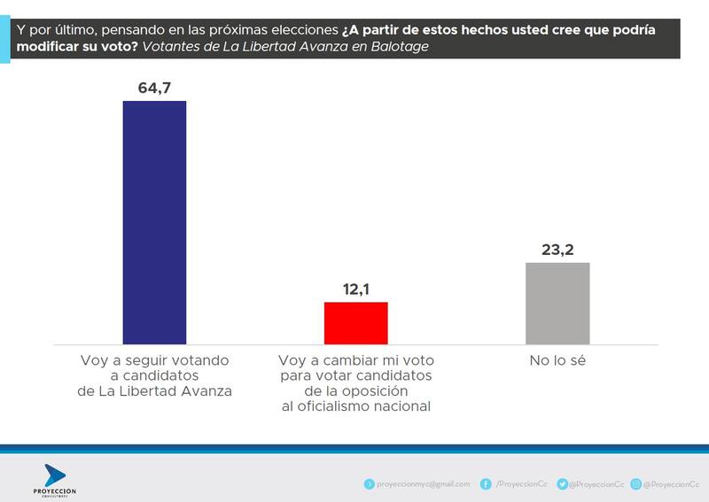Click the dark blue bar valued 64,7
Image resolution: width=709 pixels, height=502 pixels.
(154, 221)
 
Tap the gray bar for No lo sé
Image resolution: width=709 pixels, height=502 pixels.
(557, 302)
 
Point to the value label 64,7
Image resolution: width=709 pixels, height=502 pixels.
(154, 88)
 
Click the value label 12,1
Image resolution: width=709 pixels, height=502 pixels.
(355, 290)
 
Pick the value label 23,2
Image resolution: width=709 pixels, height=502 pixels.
(557, 250)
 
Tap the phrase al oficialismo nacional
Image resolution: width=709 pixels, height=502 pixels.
(354, 406)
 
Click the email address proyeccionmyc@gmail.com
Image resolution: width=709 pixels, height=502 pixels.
(423, 484)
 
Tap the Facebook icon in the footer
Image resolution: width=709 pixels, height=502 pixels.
(486, 484)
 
